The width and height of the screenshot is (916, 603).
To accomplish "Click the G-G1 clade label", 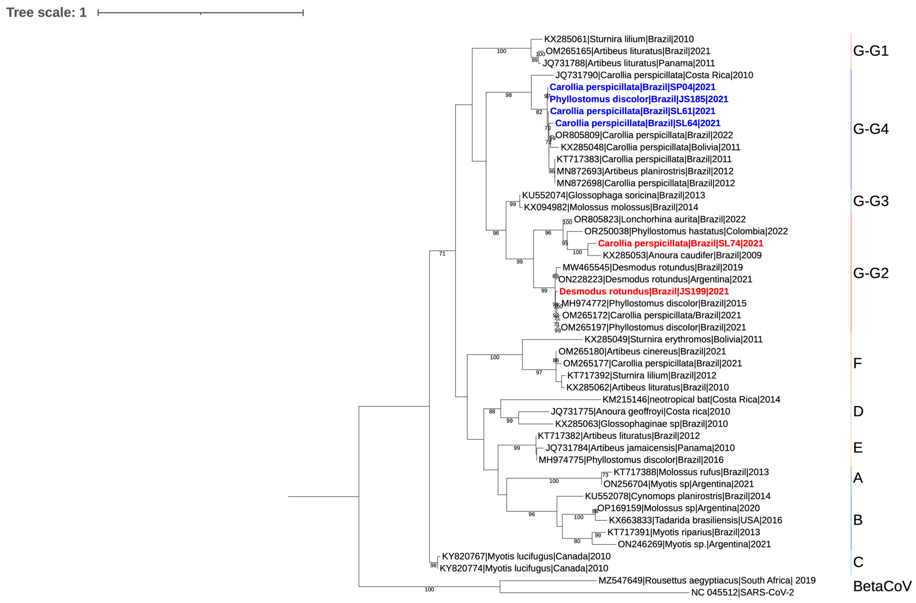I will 871,51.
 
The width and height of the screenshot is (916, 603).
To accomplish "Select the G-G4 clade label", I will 871,129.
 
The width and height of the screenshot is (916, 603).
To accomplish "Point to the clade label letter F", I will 857,363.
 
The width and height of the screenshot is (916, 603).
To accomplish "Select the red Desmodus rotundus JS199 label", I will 644,291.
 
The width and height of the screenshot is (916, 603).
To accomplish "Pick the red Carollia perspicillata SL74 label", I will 680,243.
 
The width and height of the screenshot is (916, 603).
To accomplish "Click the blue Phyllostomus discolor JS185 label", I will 639,99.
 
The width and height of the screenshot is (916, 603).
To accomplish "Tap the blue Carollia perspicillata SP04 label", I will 632,87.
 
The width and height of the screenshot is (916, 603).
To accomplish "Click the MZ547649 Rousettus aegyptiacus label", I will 707,580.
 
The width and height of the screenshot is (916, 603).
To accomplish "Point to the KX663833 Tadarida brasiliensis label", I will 695,520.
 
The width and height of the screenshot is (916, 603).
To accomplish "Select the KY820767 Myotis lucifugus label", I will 526,556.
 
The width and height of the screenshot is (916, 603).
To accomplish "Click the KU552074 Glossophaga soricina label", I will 613,195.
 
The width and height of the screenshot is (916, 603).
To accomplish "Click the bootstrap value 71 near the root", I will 442,254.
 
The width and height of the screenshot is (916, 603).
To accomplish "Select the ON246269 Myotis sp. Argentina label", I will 694,544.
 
